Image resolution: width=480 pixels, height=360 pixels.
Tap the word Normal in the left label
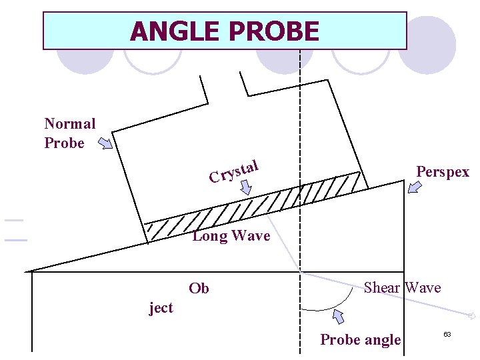69,123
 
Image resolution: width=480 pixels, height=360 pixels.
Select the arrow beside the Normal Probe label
105,143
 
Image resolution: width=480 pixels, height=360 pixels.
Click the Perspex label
443,171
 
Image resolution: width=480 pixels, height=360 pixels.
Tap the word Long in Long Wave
209,235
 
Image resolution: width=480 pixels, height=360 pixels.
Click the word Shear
382,287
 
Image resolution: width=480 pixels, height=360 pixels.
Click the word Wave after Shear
423,287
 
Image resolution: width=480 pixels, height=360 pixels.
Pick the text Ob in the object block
199,288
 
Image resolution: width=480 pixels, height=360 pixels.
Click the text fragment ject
161,307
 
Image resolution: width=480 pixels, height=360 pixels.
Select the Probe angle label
361,339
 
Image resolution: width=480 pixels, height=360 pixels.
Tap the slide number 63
447,333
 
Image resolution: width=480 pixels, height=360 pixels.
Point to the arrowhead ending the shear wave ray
472,315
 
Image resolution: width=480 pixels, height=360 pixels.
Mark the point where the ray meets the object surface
300,272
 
